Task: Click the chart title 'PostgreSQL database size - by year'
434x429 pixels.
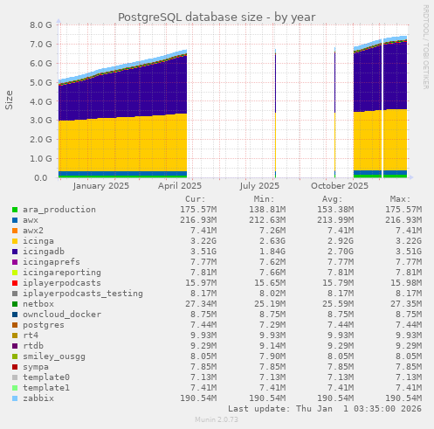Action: [x=217, y=17]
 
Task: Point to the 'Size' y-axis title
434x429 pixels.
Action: [x=10, y=100]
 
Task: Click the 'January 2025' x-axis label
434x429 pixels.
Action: [x=100, y=185]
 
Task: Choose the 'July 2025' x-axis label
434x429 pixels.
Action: [x=259, y=185]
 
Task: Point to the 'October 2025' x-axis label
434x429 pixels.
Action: [x=340, y=185]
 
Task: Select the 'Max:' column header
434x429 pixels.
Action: [x=401, y=198]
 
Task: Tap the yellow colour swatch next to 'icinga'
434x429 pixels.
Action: [x=15, y=241]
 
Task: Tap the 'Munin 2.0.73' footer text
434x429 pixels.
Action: [x=217, y=420]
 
